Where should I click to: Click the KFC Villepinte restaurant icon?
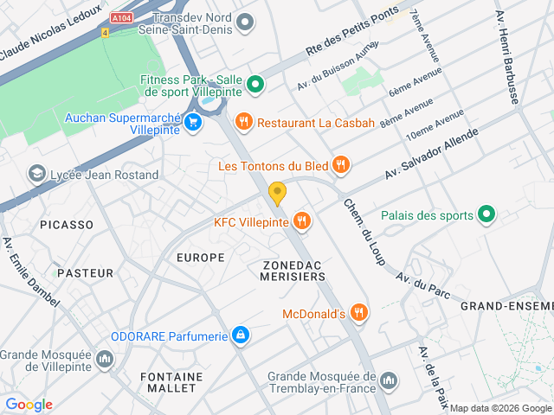point(301,221)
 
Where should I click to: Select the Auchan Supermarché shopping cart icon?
point(192,122)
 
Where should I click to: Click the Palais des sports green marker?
point(486,215)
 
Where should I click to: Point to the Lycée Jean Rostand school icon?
point(37,175)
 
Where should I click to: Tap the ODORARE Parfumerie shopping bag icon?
point(242,335)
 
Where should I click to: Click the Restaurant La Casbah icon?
point(244,123)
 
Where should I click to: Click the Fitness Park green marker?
point(254,85)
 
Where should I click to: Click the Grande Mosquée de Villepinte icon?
point(105,358)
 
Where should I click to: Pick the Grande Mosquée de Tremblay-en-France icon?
point(389,380)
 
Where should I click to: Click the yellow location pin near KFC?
point(277,192)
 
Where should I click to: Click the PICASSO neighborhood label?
point(67,225)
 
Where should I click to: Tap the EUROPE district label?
point(200,258)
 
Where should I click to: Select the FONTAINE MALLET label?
point(171,383)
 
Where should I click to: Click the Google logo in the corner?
point(29,405)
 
